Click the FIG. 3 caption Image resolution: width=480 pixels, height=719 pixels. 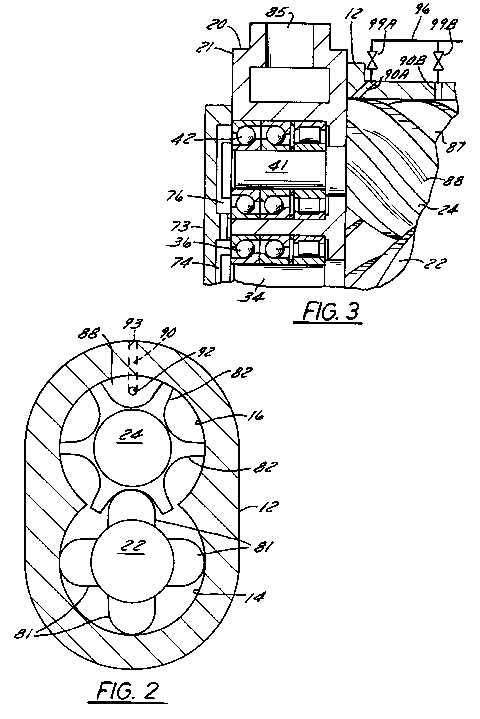(330, 312)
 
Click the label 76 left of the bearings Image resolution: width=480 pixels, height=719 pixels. (175, 196)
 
